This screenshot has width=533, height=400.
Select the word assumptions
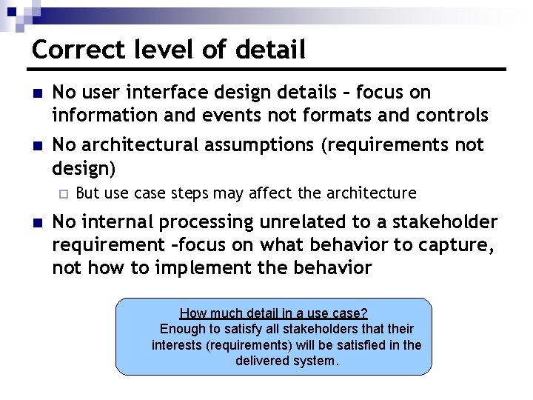(x=258, y=144)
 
